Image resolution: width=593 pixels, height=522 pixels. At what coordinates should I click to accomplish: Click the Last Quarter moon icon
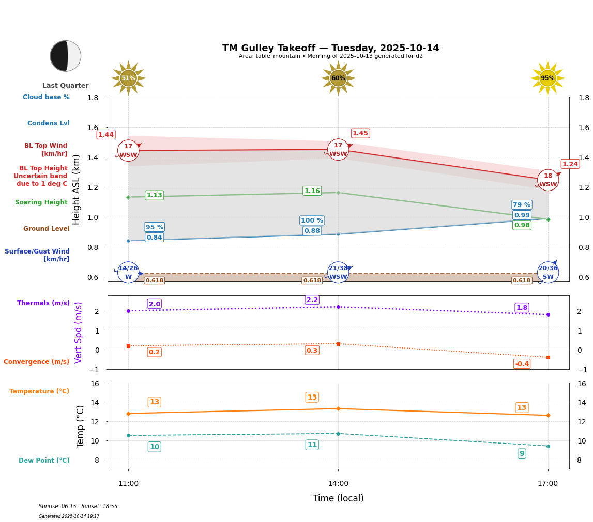point(66,56)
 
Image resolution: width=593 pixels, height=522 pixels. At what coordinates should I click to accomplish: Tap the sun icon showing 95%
point(548,78)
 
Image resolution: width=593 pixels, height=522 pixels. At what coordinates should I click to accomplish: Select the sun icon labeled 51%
point(128,78)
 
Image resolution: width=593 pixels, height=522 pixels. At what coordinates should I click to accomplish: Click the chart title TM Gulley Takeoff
point(330,48)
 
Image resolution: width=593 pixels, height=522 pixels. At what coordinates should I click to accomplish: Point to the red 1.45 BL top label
point(360,133)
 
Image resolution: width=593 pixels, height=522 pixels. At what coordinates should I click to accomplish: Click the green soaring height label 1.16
point(312,191)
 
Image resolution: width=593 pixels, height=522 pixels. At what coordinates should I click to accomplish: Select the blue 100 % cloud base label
point(312,220)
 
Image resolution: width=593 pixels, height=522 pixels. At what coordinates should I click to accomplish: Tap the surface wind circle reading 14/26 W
point(128,272)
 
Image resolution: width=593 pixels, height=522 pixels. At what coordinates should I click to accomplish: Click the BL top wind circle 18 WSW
point(548,180)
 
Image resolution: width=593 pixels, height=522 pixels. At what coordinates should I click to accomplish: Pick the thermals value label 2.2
point(312,300)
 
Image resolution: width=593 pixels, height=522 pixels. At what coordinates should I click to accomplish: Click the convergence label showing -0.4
point(522,364)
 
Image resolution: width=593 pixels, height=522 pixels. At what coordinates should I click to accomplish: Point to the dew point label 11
point(312,445)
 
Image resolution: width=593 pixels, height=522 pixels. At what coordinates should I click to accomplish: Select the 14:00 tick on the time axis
point(338,484)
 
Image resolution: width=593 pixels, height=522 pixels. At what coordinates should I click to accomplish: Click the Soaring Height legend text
point(41,202)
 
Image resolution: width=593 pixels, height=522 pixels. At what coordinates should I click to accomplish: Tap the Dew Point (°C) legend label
point(44,461)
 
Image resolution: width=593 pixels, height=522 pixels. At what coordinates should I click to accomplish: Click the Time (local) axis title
point(338,498)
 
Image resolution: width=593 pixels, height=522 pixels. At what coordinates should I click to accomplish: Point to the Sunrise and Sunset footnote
point(78,507)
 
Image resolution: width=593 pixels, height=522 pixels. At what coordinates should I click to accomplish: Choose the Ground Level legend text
point(47,229)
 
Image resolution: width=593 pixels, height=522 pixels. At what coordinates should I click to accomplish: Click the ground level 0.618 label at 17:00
point(521,281)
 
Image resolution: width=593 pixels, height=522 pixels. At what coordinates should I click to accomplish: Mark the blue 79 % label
point(522,205)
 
